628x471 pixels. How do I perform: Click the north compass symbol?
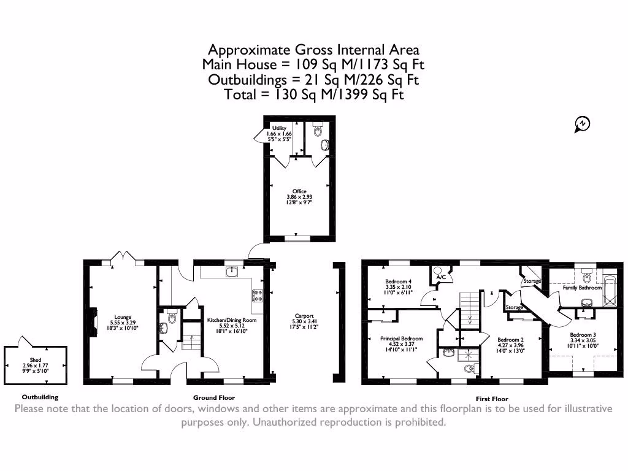(x=581, y=124)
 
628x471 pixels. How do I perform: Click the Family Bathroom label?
(x=582, y=288)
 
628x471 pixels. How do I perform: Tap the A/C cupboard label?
(x=440, y=278)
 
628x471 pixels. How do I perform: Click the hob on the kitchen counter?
(x=257, y=296)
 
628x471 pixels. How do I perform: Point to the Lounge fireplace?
(x=93, y=320)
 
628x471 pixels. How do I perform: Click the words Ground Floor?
(x=214, y=397)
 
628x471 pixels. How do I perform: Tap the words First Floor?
(x=492, y=399)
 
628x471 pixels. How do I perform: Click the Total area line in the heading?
(x=313, y=94)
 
